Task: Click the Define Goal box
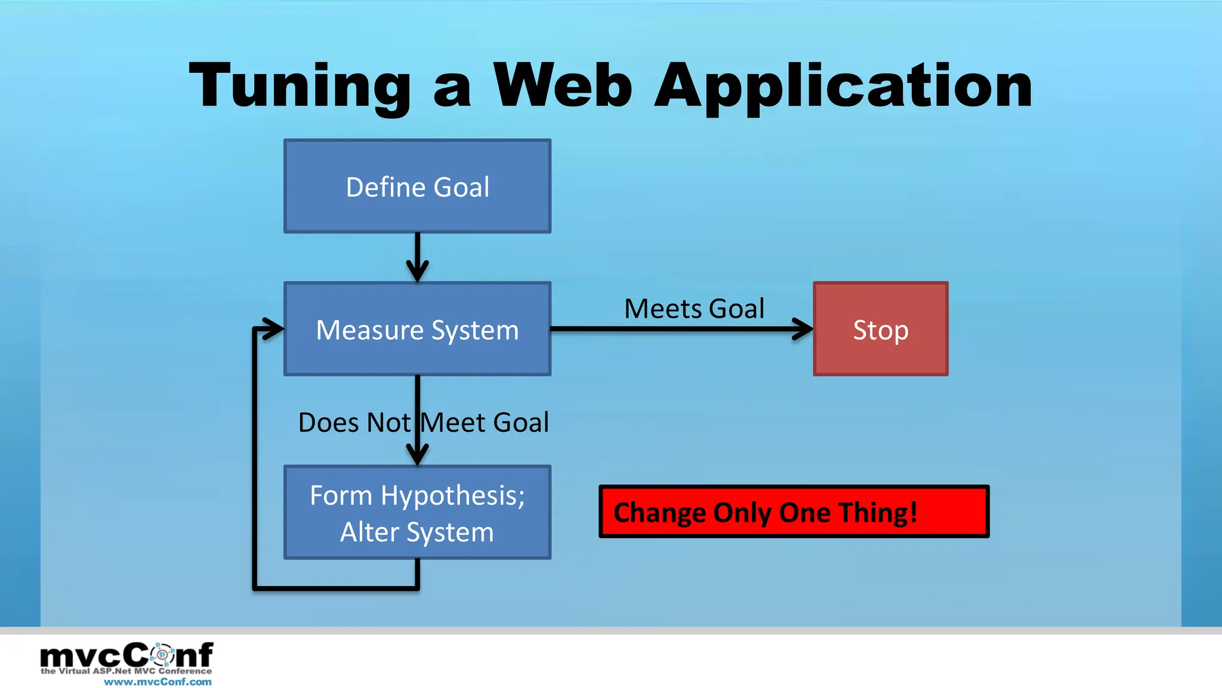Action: (417, 186)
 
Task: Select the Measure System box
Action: (417, 329)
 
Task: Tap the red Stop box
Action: (880, 329)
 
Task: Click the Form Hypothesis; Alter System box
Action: (417, 512)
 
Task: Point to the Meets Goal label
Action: (694, 309)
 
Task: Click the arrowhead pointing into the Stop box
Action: (803, 329)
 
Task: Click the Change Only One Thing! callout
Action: (794, 512)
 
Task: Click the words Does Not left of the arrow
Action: (354, 423)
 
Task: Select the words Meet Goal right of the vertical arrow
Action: (485, 423)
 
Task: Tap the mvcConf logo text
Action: (126, 655)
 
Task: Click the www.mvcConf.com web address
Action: (158, 681)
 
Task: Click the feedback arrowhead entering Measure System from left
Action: (274, 328)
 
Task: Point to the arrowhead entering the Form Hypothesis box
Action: (417, 455)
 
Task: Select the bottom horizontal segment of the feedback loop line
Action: (336, 588)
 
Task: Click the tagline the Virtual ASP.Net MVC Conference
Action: (126, 671)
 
